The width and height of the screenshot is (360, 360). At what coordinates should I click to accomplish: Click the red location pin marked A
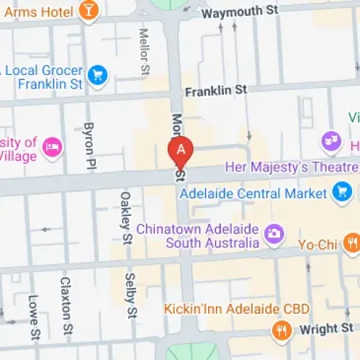pyautogui.click(x=181, y=151)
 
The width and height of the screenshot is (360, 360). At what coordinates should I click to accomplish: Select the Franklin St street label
pyautogui.click(x=215, y=91)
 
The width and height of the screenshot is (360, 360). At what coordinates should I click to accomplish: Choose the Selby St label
pyautogui.click(x=131, y=294)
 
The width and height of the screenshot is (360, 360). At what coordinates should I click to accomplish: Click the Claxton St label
pyautogui.click(x=66, y=298)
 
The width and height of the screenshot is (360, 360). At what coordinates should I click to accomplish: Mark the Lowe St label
pyautogui.click(x=32, y=308)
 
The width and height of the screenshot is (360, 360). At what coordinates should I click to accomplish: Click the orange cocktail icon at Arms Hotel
pyautogui.click(x=89, y=10)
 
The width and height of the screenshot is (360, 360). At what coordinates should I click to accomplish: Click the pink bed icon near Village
pyautogui.click(x=53, y=147)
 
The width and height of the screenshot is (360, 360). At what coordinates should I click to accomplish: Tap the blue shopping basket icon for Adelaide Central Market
pyautogui.click(x=342, y=192)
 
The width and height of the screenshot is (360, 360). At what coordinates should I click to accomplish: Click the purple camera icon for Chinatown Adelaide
pyautogui.click(x=274, y=233)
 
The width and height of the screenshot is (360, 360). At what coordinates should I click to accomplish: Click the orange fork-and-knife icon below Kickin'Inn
pyautogui.click(x=282, y=330)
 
